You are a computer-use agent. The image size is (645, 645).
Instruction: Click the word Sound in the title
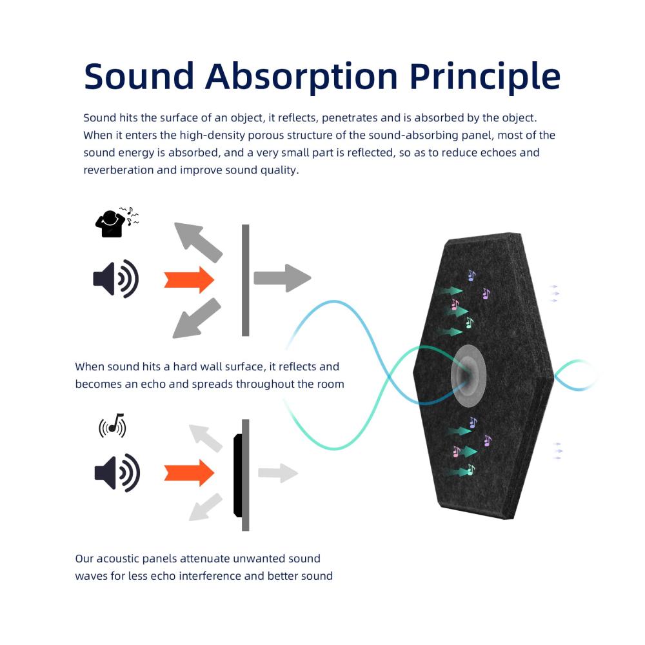click(x=139, y=76)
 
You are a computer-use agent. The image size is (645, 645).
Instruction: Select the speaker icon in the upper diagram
click(x=115, y=279)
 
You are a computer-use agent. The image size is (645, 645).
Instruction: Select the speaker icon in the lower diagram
click(x=117, y=473)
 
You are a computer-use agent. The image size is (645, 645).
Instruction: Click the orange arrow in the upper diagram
click(x=189, y=280)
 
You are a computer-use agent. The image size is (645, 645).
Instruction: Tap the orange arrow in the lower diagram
click(x=189, y=473)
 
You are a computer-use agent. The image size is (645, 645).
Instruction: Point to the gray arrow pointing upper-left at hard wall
click(x=198, y=243)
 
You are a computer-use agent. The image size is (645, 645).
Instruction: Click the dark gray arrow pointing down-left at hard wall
click(x=197, y=319)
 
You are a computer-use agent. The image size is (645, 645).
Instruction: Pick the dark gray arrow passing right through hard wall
click(x=283, y=278)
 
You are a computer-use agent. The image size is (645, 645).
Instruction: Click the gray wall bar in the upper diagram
click(x=246, y=280)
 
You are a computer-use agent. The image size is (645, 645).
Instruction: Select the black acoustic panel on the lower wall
click(x=238, y=475)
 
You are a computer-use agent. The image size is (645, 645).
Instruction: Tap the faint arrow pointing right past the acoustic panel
click(x=278, y=473)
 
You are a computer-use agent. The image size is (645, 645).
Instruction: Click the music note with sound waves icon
click(x=112, y=426)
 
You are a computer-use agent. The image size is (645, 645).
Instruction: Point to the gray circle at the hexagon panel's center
click(x=468, y=375)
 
